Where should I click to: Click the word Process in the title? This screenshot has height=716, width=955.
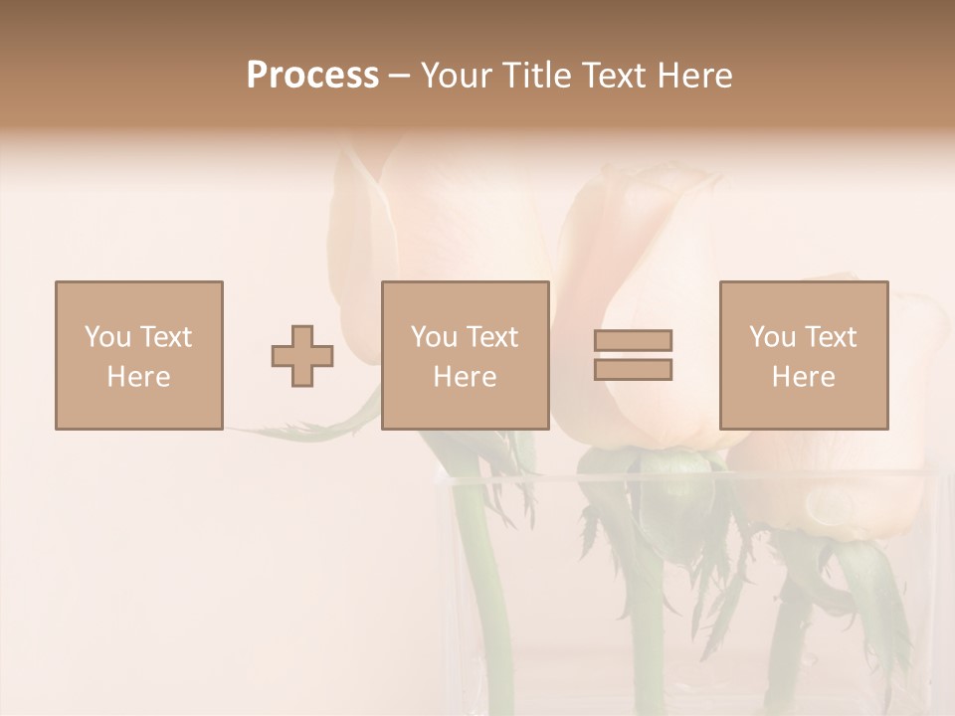312,76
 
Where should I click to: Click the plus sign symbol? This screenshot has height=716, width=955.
302,356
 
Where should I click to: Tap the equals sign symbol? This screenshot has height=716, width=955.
633,355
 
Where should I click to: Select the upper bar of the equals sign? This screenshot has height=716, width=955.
633,340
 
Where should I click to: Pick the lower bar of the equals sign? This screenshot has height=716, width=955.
633,370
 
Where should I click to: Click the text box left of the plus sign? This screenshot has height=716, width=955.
139,355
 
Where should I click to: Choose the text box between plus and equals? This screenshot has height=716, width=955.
466,355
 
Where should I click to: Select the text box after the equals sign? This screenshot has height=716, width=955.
804,355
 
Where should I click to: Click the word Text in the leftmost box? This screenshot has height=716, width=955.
166,337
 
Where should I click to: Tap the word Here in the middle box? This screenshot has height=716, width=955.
466,377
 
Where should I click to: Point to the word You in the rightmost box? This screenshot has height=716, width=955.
772,337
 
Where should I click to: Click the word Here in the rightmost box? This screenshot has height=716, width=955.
804,377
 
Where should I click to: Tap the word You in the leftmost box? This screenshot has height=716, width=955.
107,337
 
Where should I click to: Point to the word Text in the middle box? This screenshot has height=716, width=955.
492,337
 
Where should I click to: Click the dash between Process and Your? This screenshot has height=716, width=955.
399,77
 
